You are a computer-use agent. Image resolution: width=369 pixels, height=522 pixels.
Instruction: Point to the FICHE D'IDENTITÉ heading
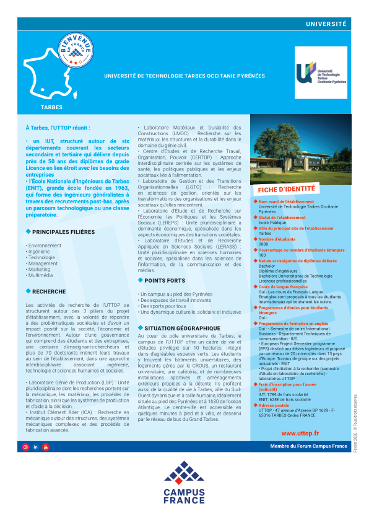(x=286, y=189)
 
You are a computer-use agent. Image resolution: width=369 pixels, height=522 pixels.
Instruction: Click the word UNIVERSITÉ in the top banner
(x=326, y=24)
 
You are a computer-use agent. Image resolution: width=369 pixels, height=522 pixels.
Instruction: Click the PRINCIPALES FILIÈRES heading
(x=63, y=232)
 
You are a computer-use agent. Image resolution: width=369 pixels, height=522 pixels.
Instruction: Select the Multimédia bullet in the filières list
(x=40, y=275)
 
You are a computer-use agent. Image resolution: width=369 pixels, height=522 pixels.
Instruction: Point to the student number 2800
(x=263, y=244)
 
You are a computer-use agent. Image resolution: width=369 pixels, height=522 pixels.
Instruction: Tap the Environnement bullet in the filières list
(x=44, y=246)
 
